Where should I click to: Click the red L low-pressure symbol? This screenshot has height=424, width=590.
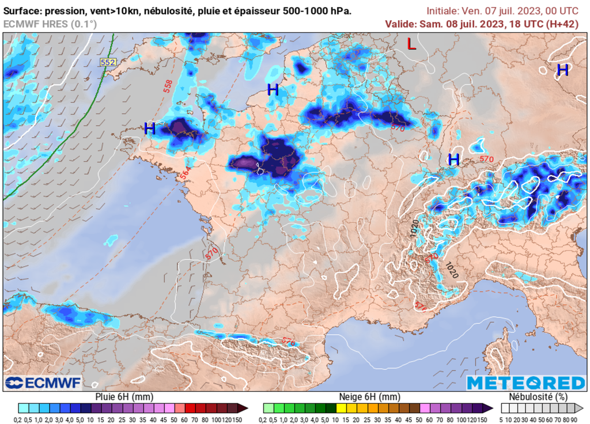411,44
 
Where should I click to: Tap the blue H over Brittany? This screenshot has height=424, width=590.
150,128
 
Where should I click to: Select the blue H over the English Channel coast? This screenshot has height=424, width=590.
273,89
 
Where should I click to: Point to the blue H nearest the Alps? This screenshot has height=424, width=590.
454,160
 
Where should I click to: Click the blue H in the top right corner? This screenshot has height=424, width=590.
562,70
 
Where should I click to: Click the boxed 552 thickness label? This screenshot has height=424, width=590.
107,62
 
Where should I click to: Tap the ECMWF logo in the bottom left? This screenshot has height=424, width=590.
43,383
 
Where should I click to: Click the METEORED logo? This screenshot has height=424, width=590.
525,383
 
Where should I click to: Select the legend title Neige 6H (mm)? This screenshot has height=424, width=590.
369,397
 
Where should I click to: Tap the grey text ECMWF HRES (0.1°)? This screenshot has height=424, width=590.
50,24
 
